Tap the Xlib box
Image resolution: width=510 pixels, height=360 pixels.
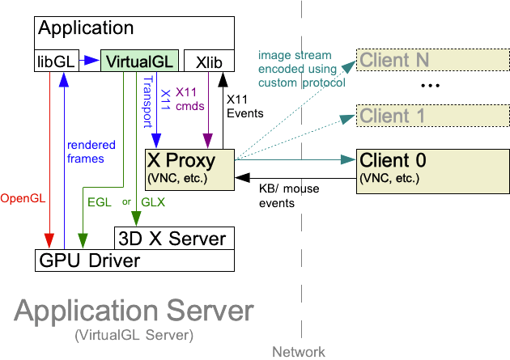tap(209, 61)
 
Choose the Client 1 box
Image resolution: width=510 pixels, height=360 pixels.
tap(403, 116)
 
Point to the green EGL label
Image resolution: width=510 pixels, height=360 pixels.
tap(99, 202)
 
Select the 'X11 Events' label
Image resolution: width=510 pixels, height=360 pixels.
tap(245, 106)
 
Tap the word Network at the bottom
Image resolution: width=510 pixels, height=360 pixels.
tap(298, 351)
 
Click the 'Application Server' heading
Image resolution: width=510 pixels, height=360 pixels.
tap(134, 311)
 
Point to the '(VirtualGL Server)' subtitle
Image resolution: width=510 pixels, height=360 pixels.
tap(134, 334)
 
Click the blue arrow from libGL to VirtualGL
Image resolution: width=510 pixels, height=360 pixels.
tap(88, 61)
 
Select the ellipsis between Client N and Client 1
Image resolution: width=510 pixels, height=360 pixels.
tap(430, 86)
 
